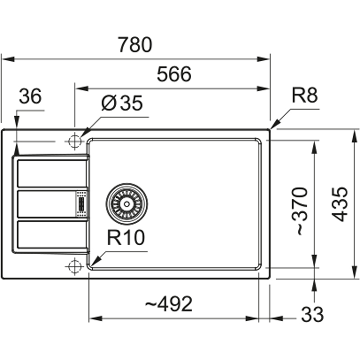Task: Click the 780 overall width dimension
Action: coord(135,45)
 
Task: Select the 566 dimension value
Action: coord(174,74)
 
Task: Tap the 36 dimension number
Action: coord(30,96)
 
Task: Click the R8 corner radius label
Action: coord(304,96)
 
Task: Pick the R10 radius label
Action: coord(126,238)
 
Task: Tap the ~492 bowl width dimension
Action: coord(169,305)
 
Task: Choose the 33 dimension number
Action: coord(312,315)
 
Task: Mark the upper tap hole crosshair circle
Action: coord(73,141)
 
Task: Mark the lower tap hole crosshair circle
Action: coord(73,266)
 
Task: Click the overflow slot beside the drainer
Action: coord(81,204)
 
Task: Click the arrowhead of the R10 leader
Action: coord(94,262)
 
